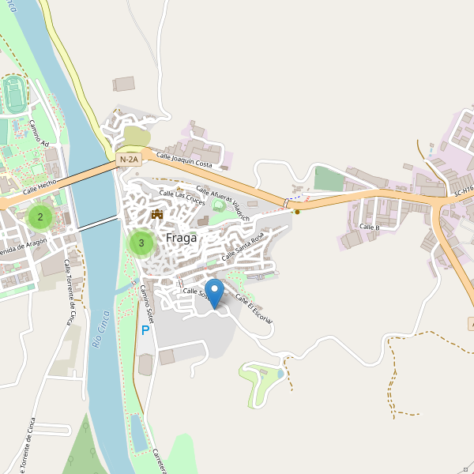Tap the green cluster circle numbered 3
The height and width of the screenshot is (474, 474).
click(x=141, y=243)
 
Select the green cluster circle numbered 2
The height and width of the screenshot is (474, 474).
click(x=40, y=216)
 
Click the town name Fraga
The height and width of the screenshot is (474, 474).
click(x=181, y=237)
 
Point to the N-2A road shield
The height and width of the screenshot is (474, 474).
click(x=129, y=160)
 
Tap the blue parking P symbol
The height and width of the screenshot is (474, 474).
click(x=145, y=330)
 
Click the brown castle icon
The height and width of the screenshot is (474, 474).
click(x=156, y=214)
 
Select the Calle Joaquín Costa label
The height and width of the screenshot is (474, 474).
click(x=184, y=160)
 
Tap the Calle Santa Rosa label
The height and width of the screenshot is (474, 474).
click(x=243, y=247)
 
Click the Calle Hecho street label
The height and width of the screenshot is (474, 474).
click(x=39, y=186)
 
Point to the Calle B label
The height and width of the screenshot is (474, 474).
click(x=370, y=227)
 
